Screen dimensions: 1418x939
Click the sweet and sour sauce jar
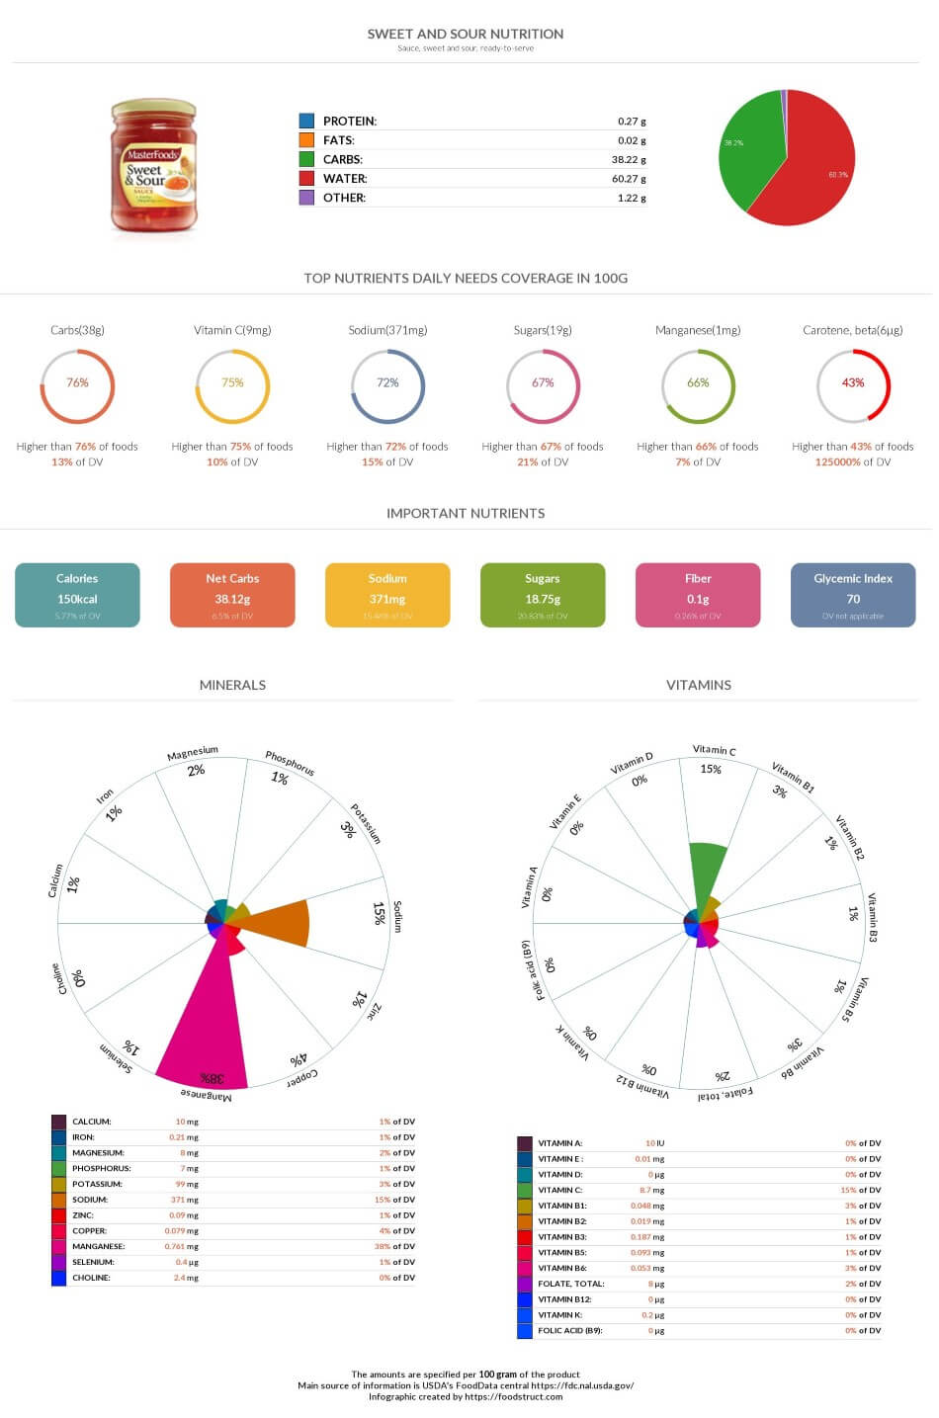pos(152,166)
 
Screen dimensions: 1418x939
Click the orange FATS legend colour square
pos(306,140)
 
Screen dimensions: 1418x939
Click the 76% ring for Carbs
pos(77,385)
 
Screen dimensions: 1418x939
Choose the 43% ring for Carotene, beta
pos(853,385)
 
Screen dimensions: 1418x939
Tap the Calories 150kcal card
pos(77,595)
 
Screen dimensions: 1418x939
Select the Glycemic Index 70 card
pos(853,595)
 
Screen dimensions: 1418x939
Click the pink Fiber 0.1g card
pos(698,595)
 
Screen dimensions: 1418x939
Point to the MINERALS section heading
pos(232,685)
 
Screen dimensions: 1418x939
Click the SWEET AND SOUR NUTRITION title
pos(466,34)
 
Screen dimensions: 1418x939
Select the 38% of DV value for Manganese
pos(396,1246)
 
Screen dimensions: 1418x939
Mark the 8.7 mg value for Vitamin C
pos(651,1190)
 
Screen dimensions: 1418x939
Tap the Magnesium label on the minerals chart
pos(192,754)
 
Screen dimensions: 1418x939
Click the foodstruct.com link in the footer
pos(513,1396)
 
